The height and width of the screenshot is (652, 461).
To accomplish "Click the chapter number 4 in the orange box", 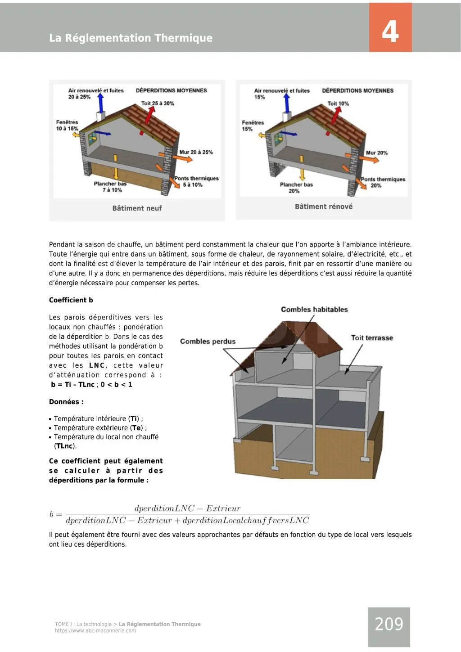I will click(x=390, y=31).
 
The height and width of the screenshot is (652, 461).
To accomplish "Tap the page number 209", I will click(x=389, y=624).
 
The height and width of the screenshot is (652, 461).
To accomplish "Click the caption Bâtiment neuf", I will click(x=137, y=208).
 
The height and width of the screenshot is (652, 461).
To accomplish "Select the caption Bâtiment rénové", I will click(x=324, y=207).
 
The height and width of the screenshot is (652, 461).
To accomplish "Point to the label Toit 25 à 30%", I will click(x=158, y=103).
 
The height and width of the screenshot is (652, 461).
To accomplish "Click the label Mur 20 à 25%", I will click(x=196, y=152).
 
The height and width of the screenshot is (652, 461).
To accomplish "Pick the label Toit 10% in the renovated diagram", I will click(x=338, y=103).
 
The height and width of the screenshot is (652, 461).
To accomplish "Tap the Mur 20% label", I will click(x=377, y=153).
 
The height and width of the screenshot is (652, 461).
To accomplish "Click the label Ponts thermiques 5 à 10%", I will click(x=196, y=181).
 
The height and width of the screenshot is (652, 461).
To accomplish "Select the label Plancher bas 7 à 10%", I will click(x=111, y=187).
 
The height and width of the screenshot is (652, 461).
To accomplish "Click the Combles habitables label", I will click(x=314, y=310).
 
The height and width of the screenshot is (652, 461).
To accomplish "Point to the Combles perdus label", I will click(x=208, y=342).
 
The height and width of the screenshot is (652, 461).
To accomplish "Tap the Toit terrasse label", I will click(x=372, y=338).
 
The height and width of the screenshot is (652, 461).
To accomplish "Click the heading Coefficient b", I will click(x=71, y=300).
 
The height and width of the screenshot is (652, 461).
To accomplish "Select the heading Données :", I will click(x=66, y=402).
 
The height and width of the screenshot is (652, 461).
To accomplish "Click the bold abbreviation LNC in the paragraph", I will click(x=97, y=365).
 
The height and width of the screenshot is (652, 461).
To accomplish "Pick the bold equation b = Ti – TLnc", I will click(x=72, y=385).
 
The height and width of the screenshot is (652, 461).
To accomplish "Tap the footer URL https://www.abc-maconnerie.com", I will click(x=95, y=630).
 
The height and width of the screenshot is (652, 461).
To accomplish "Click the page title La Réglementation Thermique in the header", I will click(x=131, y=38).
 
